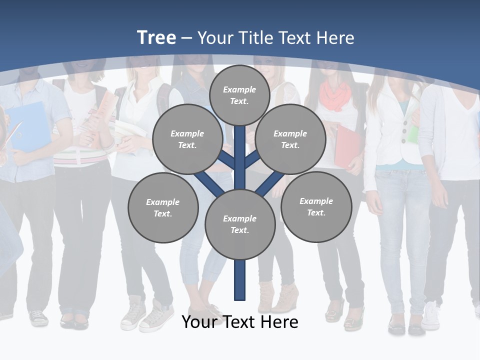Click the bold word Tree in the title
[156, 37]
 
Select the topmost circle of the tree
[239, 95]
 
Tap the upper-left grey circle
[187, 139]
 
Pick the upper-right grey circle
[290, 139]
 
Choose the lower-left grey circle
[163, 207]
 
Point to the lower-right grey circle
[316, 206]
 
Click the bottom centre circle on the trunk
[240, 224]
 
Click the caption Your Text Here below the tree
[240, 322]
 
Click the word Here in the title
[335, 38]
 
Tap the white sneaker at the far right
[430, 316]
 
